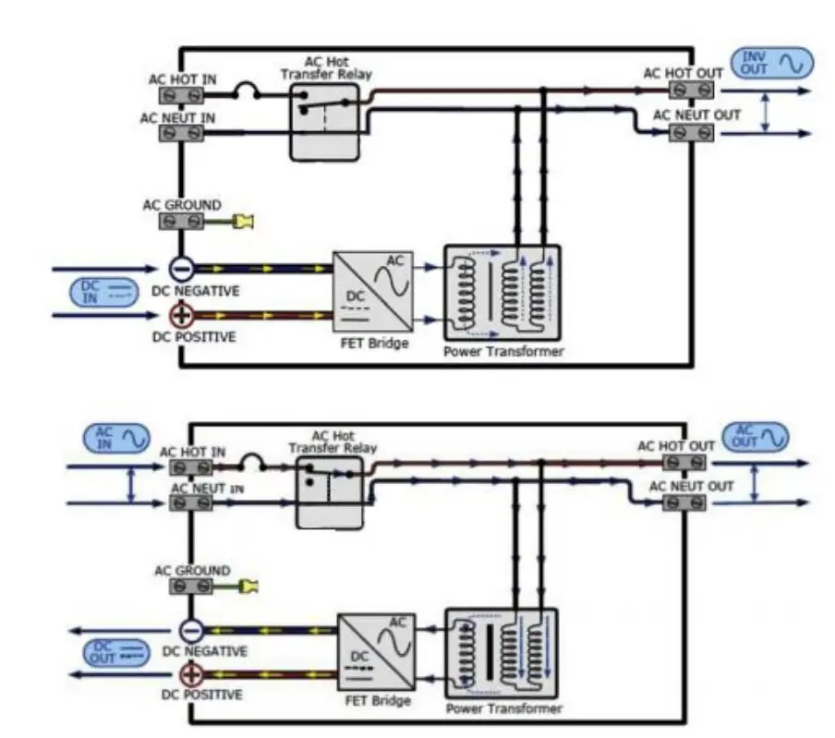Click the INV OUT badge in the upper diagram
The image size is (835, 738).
click(775, 64)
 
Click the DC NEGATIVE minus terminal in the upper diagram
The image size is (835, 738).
click(182, 269)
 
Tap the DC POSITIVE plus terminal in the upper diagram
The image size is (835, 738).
click(182, 316)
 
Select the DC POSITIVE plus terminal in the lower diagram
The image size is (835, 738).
click(190, 675)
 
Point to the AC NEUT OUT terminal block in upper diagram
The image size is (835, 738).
click(691, 133)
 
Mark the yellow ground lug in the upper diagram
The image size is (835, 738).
click(244, 222)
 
